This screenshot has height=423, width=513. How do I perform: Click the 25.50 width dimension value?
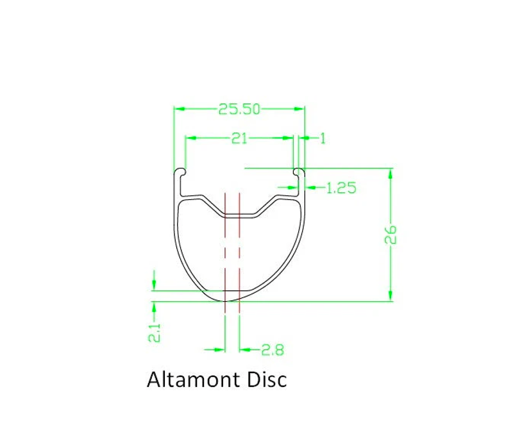[x=239, y=109]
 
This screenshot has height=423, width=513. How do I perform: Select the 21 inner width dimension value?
[x=239, y=138]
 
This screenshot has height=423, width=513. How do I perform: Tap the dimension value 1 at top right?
[x=323, y=138]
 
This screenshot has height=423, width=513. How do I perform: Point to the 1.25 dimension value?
[x=341, y=188]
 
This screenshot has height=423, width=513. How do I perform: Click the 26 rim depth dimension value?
[x=391, y=235]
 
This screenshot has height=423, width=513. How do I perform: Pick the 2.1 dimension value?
[x=154, y=332]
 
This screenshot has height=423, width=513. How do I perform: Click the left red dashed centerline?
[x=225, y=250]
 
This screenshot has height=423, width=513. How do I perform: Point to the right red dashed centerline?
[x=239, y=250]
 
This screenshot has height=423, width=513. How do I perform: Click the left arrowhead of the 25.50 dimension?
[x=179, y=109]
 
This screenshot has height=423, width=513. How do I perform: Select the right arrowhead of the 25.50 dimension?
[x=299, y=109]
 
